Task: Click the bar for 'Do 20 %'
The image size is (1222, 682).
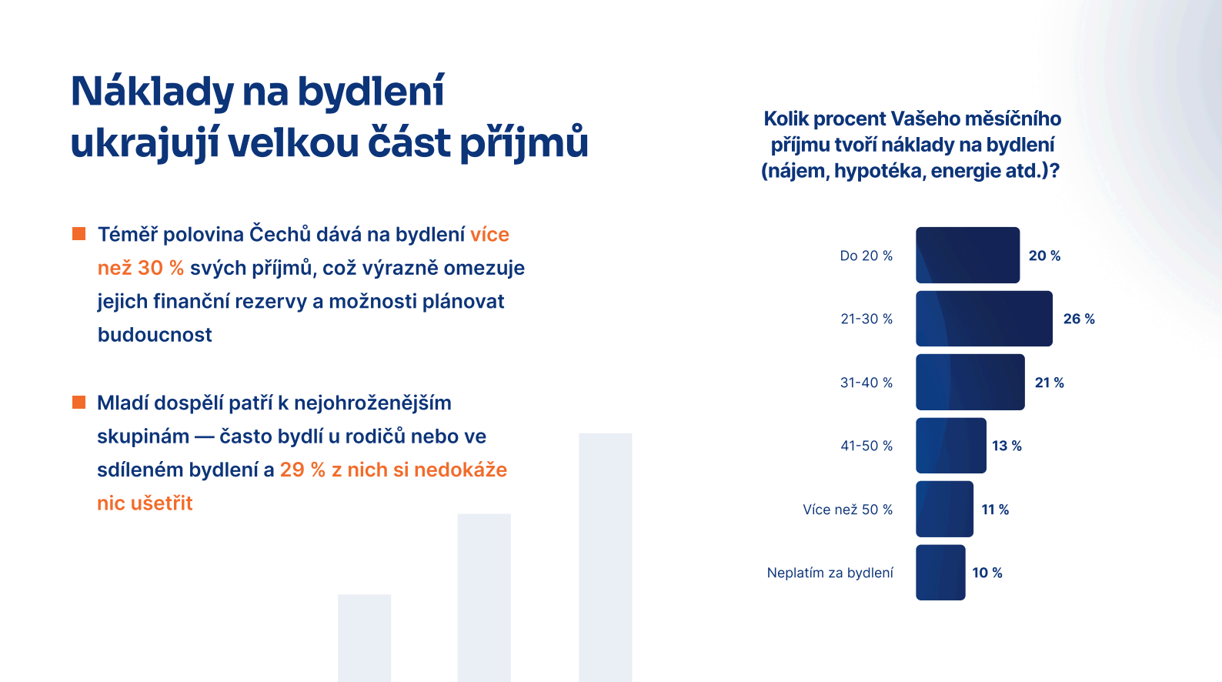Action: (x=967, y=255)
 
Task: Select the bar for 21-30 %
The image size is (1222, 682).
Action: (x=983, y=319)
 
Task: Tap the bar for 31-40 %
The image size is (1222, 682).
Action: (x=970, y=382)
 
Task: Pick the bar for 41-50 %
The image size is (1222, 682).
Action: (x=950, y=446)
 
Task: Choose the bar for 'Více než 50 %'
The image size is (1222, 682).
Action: (x=944, y=509)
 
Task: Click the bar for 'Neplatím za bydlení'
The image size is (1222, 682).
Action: (x=940, y=573)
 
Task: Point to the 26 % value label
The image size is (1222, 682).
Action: (x=1079, y=319)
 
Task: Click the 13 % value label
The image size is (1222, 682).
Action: (x=1007, y=446)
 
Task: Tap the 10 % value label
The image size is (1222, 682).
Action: (x=987, y=573)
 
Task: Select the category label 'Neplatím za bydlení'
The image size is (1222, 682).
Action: (x=830, y=573)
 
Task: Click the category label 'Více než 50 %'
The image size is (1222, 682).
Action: (x=847, y=510)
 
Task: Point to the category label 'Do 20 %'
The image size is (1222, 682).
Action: (x=866, y=256)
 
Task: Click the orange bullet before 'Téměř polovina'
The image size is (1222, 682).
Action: (x=78, y=233)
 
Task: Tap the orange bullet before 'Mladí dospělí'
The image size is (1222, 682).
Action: (x=78, y=402)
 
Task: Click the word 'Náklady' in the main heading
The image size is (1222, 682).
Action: (x=152, y=92)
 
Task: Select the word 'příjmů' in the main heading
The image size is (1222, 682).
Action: (x=523, y=144)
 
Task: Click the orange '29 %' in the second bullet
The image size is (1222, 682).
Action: (x=302, y=470)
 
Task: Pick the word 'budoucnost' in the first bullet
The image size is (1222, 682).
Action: (x=155, y=335)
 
